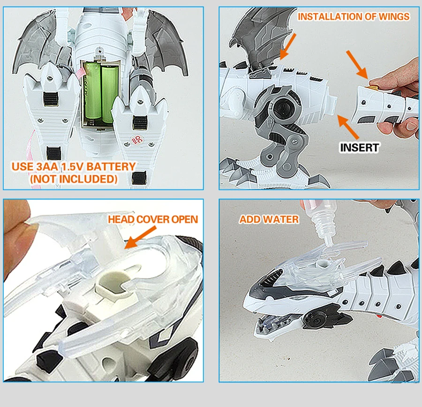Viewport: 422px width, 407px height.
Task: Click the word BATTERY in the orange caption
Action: pos(111,166)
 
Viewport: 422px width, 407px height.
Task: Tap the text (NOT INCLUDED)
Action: pos(74,179)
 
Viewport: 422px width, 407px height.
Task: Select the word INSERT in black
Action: pos(360,148)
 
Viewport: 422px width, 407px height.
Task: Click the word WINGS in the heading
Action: pos(394,17)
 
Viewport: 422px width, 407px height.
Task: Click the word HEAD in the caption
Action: pos(121,219)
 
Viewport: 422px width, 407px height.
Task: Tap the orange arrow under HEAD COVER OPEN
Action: pos(140,237)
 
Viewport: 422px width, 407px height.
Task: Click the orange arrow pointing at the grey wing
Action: pos(288,46)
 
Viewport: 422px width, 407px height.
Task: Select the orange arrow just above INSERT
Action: pos(348,127)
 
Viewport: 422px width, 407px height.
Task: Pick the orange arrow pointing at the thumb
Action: pos(357,65)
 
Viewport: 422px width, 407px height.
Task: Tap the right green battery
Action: pos(109,94)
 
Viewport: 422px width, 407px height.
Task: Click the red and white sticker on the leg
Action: pos(137,140)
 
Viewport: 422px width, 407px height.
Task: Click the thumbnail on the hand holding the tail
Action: pos(411,126)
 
